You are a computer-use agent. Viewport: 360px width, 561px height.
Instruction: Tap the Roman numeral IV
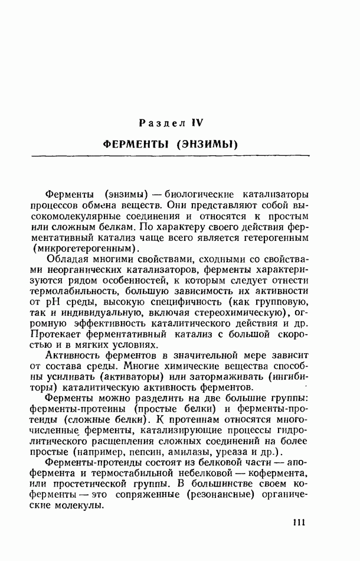[197, 123]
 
